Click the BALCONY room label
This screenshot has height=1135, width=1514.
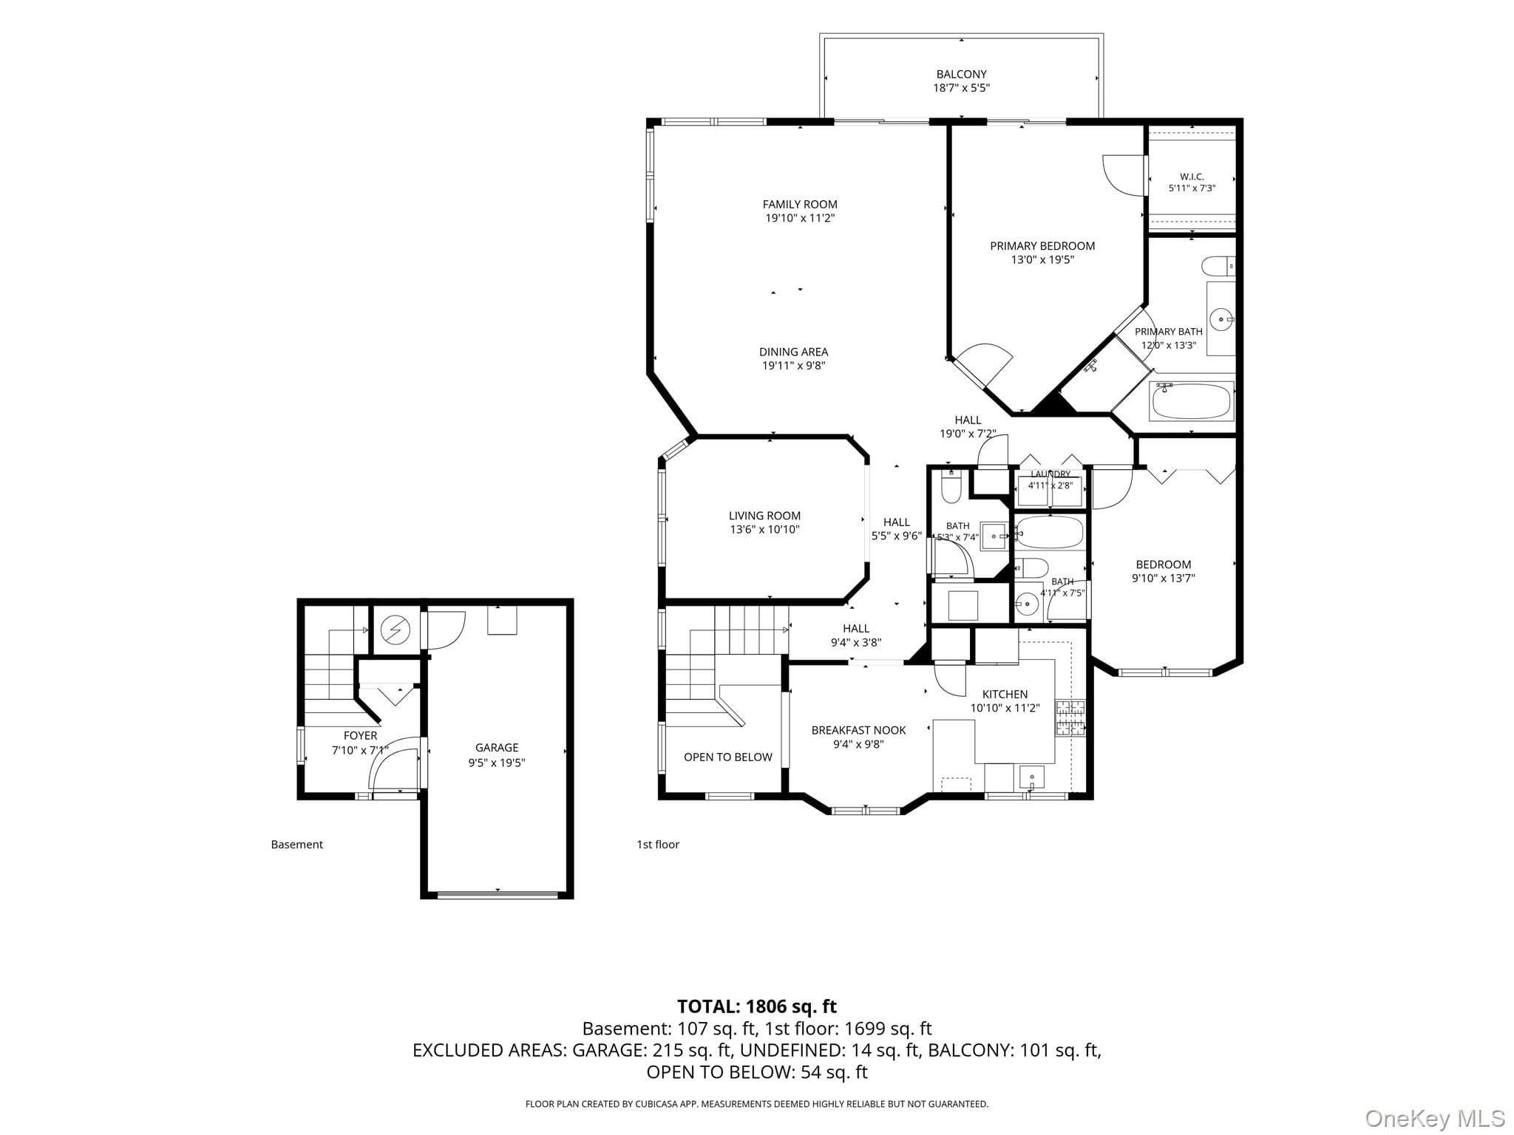pyautogui.click(x=961, y=74)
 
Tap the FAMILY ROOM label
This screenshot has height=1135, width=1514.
pyautogui.click(x=800, y=204)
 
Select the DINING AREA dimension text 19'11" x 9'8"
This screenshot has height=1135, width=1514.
pyautogui.click(x=793, y=366)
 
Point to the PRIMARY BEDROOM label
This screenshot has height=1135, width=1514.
pyautogui.click(x=1042, y=246)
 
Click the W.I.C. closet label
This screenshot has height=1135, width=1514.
pyautogui.click(x=1192, y=177)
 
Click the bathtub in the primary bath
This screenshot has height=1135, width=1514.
pyautogui.click(x=1192, y=401)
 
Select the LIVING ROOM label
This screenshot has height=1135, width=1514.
pyautogui.click(x=764, y=516)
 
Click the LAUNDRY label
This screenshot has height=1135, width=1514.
pyautogui.click(x=1050, y=474)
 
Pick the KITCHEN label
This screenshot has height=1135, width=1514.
pyautogui.click(x=1005, y=694)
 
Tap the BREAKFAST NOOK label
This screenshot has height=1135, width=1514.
pyautogui.click(x=858, y=730)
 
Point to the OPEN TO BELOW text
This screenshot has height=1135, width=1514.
pyautogui.click(x=727, y=757)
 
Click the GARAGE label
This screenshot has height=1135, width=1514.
pyautogui.click(x=497, y=748)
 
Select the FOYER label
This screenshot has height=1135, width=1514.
pyautogui.click(x=360, y=736)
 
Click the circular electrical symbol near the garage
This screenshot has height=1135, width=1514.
pyautogui.click(x=395, y=630)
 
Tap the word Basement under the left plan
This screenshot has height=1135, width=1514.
pyautogui.click(x=297, y=845)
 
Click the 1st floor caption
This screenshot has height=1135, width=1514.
pyautogui.click(x=658, y=845)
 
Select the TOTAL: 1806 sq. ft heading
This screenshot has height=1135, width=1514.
pyautogui.click(x=757, y=1006)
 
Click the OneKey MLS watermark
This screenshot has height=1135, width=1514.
pyautogui.click(x=1435, y=1119)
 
